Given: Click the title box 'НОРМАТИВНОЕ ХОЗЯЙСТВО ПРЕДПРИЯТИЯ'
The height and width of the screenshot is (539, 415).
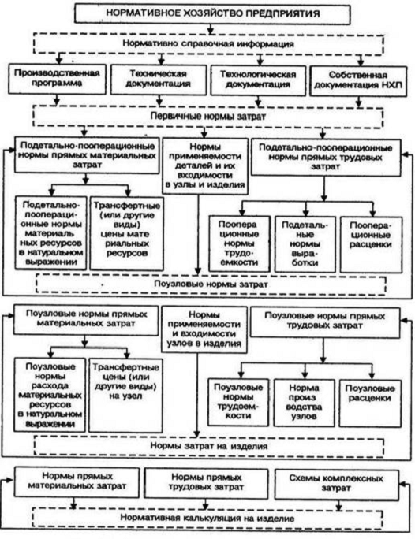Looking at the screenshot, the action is (212, 13).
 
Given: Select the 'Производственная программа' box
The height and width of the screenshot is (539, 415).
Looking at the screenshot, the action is (57, 79).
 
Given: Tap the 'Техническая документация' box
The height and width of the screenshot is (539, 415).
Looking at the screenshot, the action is (159, 80).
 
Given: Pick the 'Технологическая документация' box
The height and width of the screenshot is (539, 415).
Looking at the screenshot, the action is (258, 80).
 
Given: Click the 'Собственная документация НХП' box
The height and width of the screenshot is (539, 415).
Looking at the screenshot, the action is (358, 81).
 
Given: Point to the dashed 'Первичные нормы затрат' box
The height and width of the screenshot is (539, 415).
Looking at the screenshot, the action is (207, 117).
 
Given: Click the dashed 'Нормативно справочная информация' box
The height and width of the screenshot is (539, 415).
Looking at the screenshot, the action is (208, 43).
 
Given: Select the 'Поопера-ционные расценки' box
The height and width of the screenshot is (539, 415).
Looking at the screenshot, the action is (371, 244).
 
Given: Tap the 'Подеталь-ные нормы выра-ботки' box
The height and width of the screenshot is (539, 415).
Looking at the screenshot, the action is (305, 244).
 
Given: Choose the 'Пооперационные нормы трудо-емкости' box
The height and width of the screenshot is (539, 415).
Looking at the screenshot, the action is (239, 243).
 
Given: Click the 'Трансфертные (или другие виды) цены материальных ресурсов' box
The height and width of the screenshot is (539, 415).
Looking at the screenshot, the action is (127, 233).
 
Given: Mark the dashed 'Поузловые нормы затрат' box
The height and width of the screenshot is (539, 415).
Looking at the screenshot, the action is (211, 284).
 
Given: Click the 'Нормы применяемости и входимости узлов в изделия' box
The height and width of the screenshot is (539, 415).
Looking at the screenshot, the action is (204, 329).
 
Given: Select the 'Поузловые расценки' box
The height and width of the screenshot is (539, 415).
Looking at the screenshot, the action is (370, 403).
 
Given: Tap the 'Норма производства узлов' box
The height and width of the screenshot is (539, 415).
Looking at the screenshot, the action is (305, 403).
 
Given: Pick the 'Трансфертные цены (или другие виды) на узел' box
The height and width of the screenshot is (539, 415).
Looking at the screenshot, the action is (125, 395).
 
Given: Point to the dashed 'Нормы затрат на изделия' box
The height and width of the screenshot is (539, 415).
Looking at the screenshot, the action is (209, 446).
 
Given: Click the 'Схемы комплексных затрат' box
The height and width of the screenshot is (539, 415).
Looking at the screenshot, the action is (336, 483).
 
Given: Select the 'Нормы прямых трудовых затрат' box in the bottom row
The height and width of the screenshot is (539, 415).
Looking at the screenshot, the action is (206, 482).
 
